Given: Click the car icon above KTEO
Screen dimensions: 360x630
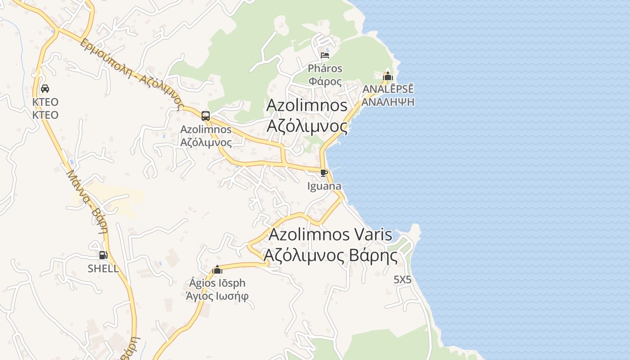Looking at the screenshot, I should tap(45, 89).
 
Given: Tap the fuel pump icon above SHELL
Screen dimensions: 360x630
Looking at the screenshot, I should tap(103, 255).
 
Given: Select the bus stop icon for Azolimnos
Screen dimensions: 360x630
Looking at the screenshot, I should tap(206, 116).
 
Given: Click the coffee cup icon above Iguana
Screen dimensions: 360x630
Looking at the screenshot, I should tap(324, 173).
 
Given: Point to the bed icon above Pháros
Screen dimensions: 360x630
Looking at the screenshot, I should tap(325, 55).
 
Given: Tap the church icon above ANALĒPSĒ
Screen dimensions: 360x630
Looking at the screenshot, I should tap(388, 76).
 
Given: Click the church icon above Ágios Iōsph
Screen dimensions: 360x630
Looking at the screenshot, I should tap(217, 270).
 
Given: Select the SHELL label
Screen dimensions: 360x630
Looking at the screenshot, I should tap(103, 269).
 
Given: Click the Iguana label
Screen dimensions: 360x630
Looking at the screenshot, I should tap(324, 186).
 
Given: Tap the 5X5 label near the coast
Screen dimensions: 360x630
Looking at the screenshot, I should tap(402, 279).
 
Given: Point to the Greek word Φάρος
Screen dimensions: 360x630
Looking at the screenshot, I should tap(325, 81).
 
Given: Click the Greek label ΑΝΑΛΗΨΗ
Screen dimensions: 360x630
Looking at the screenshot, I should tap(388, 102).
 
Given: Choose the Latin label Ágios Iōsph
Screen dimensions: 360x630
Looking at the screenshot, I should tap(217, 283).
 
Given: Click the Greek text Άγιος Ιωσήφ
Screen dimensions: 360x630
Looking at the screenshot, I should tap(217, 296).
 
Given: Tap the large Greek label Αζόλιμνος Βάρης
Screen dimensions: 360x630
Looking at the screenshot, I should tap(330, 256).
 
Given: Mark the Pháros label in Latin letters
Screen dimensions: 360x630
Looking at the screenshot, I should tap(325, 69).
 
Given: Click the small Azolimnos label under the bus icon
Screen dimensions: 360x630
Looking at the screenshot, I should tap(206, 130).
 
